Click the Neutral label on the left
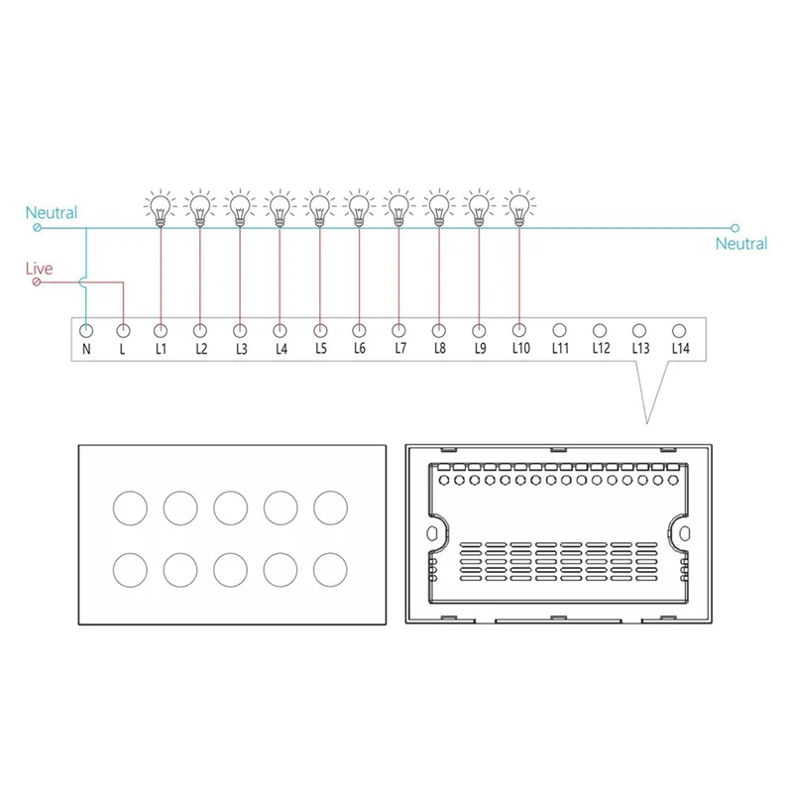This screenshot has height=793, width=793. pyautogui.click(x=52, y=213)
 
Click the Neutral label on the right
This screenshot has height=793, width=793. pyautogui.click(x=741, y=244)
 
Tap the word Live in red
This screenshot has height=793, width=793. pyautogui.click(x=40, y=269)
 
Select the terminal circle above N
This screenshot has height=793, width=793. pyautogui.click(x=86, y=330)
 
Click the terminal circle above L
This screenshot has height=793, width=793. pyautogui.click(x=124, y=330)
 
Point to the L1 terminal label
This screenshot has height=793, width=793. pyautogui.click(x=161, y=349)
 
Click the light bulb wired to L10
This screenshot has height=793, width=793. pyautogui.click(x=518, y=207)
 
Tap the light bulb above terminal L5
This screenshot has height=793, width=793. pyautogui.click(x=319, y=207)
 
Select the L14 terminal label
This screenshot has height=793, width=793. pyautogui.click(x=679, y=349)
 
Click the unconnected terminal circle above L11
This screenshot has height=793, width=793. pyautogui.click(x=559, y=330)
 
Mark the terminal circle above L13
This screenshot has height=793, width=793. pyautogui.click(x=639, y=330)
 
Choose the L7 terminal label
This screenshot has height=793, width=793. pyautogui.click(x=399, y=349)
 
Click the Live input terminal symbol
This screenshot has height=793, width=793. pyautogui.click(x=38, y=283)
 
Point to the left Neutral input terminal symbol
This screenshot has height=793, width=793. pyautogui.click(x=38, y=228)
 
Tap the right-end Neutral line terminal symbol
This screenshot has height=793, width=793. pyautogui.click(x=735, y=228)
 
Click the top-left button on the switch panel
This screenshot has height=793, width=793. pyautogui.click(x=130, y=507)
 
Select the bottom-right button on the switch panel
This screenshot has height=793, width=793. pyautogui.click(x=331, y=569)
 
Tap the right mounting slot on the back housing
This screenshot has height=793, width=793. pyautogui.click(x=685, y=532)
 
